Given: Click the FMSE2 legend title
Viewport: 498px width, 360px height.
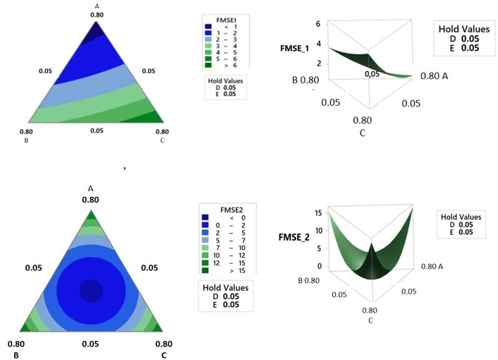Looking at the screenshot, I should coord(224,209).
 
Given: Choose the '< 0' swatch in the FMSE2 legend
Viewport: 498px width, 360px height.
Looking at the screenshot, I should coord(205,217).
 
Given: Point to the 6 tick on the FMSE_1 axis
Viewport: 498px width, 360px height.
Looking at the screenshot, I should coord(317,23).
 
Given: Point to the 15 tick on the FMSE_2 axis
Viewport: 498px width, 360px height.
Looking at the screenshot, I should coord(319,212).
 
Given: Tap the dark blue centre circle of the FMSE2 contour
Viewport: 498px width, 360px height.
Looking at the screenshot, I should coord(90,289).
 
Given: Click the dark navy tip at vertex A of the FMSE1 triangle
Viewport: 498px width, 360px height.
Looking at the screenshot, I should coord(97,31).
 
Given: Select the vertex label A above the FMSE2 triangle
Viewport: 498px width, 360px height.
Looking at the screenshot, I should coord(90,188).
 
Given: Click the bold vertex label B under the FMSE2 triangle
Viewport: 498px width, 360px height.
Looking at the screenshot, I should coord(16,354).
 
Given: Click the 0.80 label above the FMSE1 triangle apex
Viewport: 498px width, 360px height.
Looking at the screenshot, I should coord(97,14).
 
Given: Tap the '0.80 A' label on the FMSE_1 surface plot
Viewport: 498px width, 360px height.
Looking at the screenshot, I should coord(435,76).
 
